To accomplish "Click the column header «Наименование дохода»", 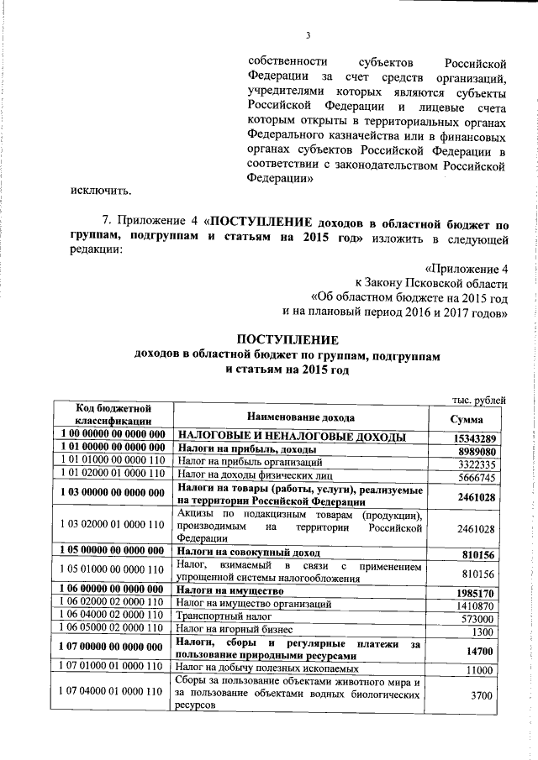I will pos(300,417).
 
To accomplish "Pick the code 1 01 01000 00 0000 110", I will pos(113,463).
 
